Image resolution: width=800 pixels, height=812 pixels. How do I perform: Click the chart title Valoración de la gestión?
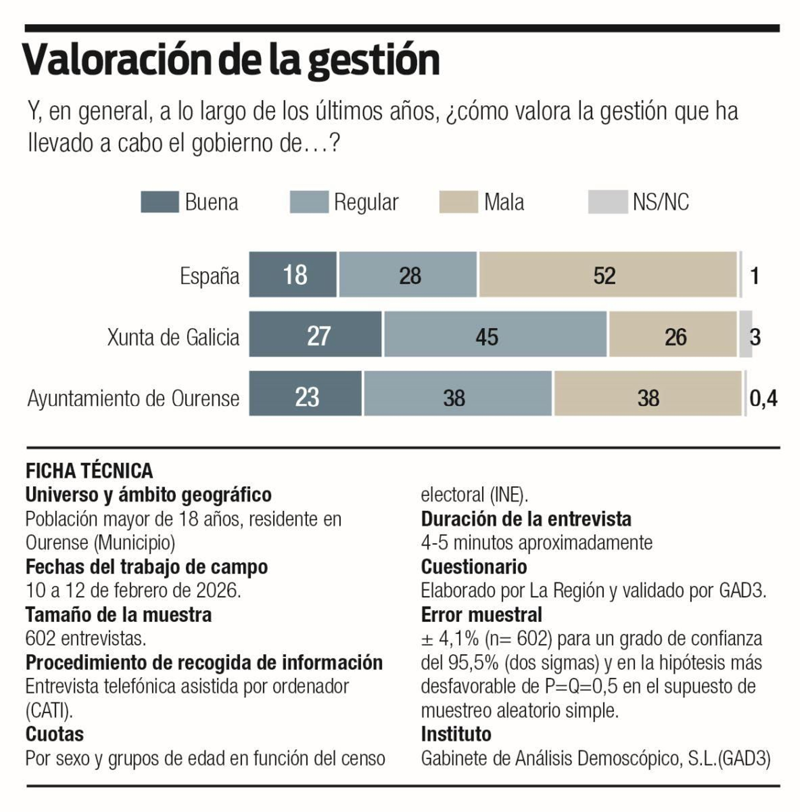(x=231, y=60)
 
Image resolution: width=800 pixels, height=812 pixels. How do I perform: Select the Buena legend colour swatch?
(x=159, y=202)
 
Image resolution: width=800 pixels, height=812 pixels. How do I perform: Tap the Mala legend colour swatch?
(x=458, y=202)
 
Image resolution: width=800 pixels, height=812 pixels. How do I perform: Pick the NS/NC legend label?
(x=660, y=203)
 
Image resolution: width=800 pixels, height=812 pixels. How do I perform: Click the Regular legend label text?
(x=366, y=203)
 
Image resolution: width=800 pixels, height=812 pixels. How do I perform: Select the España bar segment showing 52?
(x=607, y=275)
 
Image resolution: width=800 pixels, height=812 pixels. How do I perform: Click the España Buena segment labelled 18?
(x=293, y=275)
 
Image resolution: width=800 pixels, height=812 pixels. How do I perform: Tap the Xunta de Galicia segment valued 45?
(x=495, y=335)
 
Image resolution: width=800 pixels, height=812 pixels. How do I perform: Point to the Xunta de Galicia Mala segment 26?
(x=673, y=335)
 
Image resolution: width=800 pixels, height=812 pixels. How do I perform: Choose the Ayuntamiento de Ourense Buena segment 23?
(x=305, y=394)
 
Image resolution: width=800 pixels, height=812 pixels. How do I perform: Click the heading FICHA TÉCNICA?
(x=89, y=471)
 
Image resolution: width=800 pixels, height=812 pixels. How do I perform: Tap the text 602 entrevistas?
(x=85, y=639)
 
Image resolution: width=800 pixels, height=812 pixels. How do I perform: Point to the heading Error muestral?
(x=481, y=615)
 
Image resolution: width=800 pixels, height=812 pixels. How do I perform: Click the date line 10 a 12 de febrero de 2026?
(x=133, y=591)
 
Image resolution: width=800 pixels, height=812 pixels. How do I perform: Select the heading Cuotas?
(x=54, y=734)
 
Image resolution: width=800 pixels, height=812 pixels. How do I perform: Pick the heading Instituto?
(x=456, y=734)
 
